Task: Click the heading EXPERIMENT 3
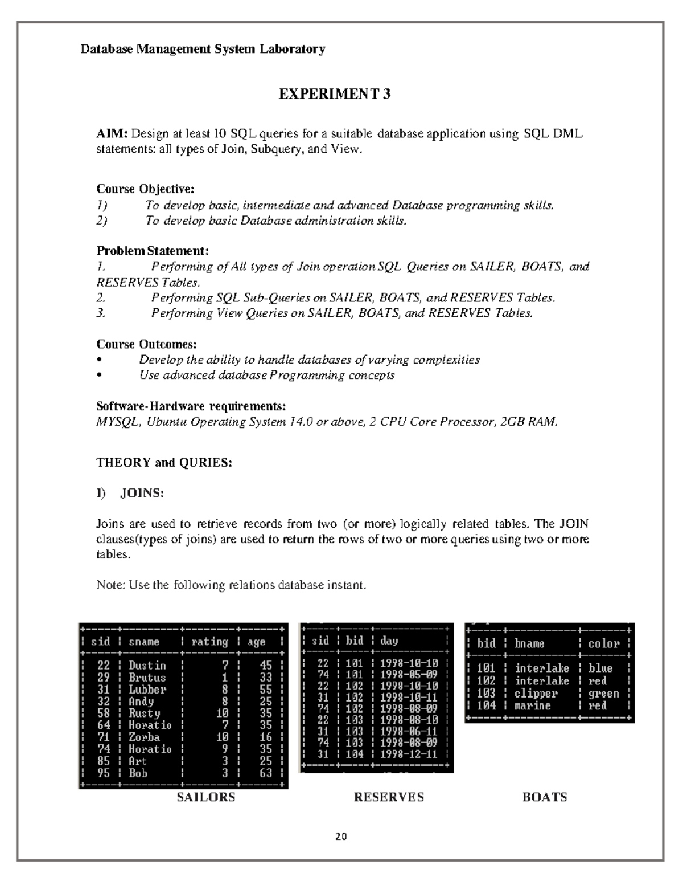coord(334,94)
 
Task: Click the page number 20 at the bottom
coord(341,837)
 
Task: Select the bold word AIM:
coord(112,134)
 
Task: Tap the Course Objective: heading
coord(145,189)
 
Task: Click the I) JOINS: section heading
coord(130,494)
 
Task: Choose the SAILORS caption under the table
coord(206,797)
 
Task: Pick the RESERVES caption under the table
coord(389,797)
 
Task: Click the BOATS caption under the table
coord(545,797)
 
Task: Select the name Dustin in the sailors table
coord(147,666)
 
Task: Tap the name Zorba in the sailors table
coord(144,737)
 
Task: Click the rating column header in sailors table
coord(209,642)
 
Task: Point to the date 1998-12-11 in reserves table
coord(409,754)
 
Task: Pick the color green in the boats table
coord(603,694)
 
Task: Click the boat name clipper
coord(536,694)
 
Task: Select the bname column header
coord(529,644)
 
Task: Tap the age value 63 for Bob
coord(266,773)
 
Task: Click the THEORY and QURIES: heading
coord(164,463)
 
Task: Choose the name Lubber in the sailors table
coord(147,690)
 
